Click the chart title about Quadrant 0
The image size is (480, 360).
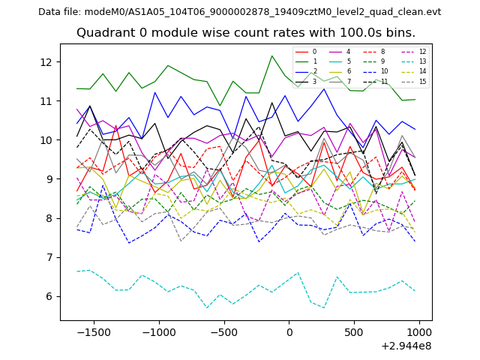pos(246,33)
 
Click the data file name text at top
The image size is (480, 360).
pos(240,12)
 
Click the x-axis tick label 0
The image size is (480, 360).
pos(289,331)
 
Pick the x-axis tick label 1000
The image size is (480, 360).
pos(419,331)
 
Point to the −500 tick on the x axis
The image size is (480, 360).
pos(223,331)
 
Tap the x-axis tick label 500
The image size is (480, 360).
pos(355,331)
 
